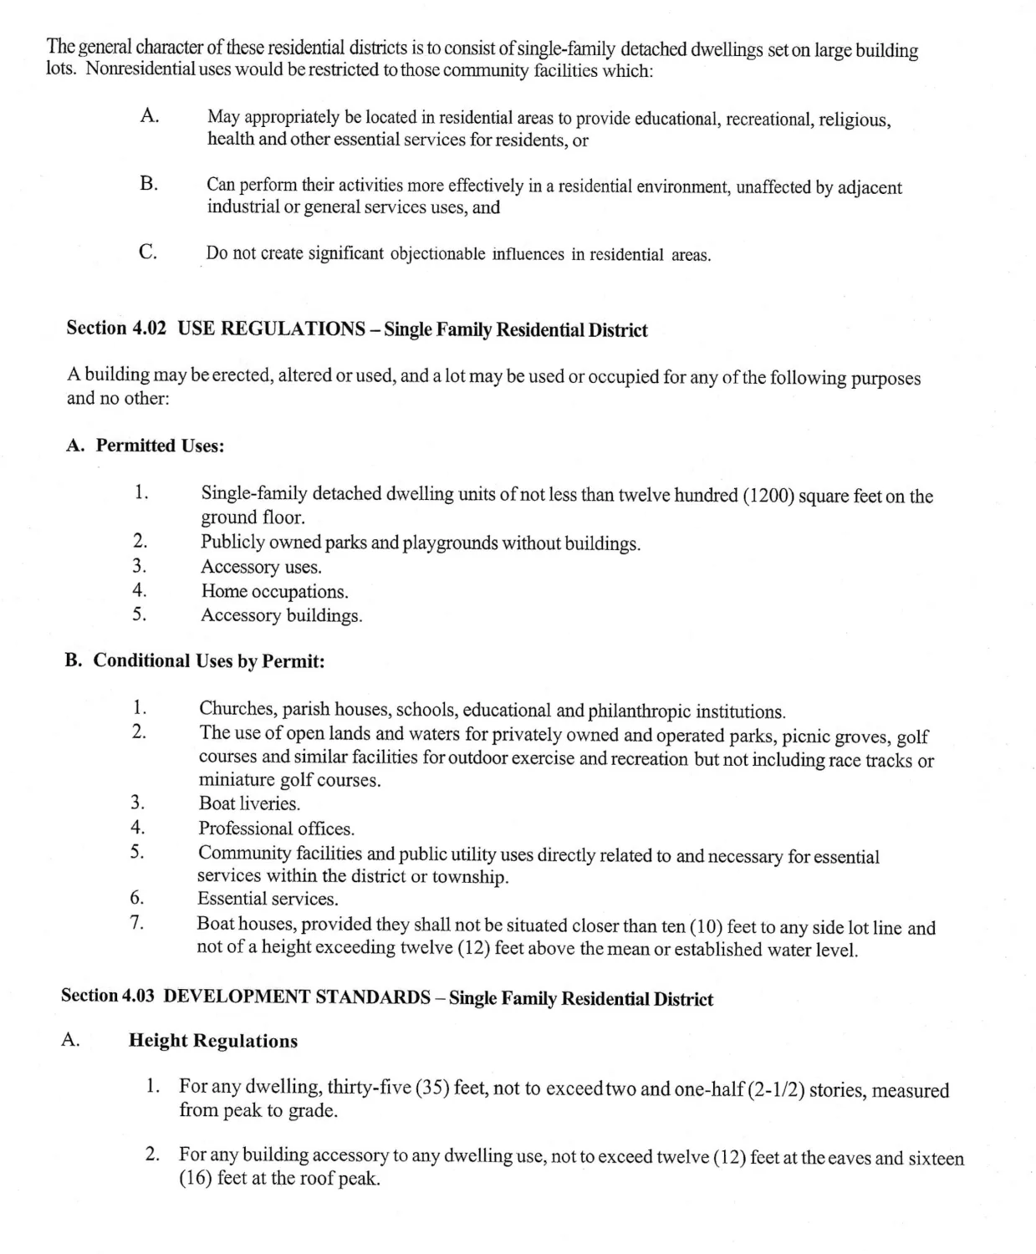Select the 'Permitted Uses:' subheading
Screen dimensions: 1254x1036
pyautogui.click(x=160, y=446)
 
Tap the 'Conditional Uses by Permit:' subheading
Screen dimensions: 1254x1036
pyautogui.click(x=208, y=660)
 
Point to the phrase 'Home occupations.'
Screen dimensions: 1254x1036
pyautogui.click(x=274, y=592)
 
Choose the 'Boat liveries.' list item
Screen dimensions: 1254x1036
pyautogui.click(x=249, y=803)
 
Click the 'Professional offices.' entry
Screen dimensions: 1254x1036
pyautogui.click(x=276, y=828)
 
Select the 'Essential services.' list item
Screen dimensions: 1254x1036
pyautogui.click(x=268, y=899)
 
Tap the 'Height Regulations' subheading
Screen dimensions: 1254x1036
pyautogui.click(x=213, y=1041)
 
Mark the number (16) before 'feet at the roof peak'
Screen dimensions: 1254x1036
pyautogui.click(x=196, y=1180)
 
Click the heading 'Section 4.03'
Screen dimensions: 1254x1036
pyautogui.click(x=109, y=996)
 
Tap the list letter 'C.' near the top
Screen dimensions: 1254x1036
pyautogui.click(x=149, y=252)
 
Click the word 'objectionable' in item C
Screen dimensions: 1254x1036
pyautogui.click(x=437, y=253)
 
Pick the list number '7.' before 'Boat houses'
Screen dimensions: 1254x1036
pyautogui.click(x=138, y=923)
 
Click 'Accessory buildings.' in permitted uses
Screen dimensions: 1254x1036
pyautogui.click(x=281, y=616)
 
